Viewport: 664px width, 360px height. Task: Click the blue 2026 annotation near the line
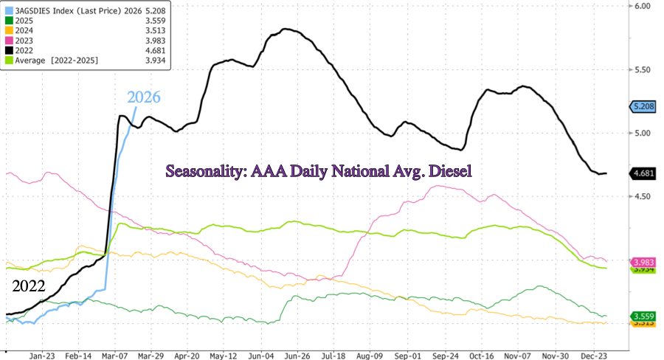tap(143, 97)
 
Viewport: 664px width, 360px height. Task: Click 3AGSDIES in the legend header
tap(32, 11)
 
